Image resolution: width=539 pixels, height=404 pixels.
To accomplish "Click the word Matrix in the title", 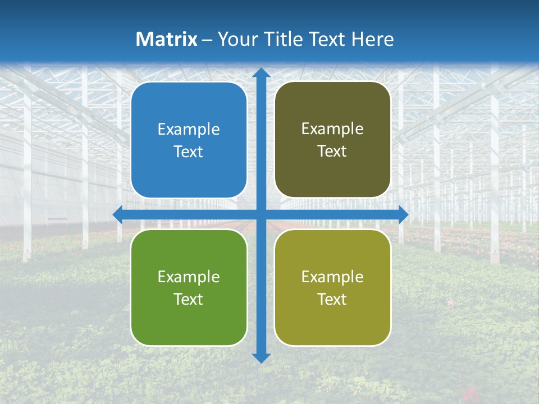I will click(167, 39).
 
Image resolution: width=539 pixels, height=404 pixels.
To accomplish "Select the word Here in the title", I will click(373, 39).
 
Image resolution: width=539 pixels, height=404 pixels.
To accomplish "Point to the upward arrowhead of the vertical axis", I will click(261, 73).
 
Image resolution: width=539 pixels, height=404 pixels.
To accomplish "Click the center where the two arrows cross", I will click(261, 214).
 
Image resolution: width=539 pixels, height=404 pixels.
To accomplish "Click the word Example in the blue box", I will click(189, 130).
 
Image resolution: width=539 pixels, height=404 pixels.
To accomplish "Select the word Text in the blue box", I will click(189, 152).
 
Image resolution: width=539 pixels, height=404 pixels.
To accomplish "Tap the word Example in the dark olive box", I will click(332, 129).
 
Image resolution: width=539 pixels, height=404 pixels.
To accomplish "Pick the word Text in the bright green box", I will click(189, 300).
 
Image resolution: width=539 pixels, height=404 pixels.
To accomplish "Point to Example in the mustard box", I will click(332, 277).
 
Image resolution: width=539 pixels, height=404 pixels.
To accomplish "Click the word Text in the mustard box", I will click(332, 300).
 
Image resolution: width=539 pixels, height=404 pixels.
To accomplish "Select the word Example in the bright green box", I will click(189, 277).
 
